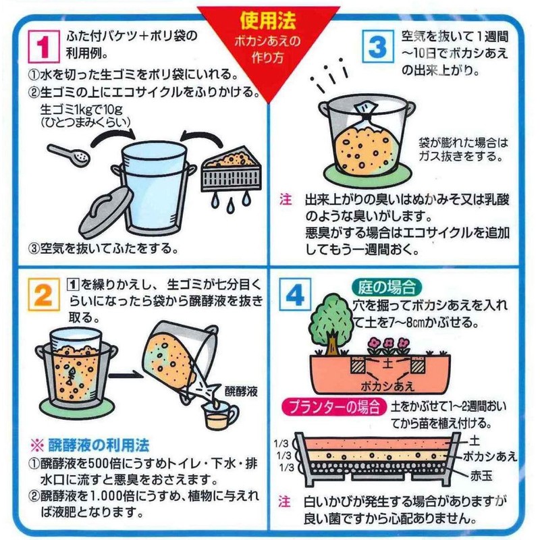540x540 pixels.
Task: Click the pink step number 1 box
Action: [x=44, y=46]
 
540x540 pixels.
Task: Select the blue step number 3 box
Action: [x=378, y=46]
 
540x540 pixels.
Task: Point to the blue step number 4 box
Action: [x=295, y=294]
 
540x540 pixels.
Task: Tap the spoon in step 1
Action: [x=69, y=155]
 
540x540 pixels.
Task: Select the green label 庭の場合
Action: [x=387, y=288]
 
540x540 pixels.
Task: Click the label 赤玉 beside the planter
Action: [x=481, y=476]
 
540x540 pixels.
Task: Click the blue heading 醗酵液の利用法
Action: [x=99, y=446]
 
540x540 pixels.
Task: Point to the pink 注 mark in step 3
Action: [x=286, y=199]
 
